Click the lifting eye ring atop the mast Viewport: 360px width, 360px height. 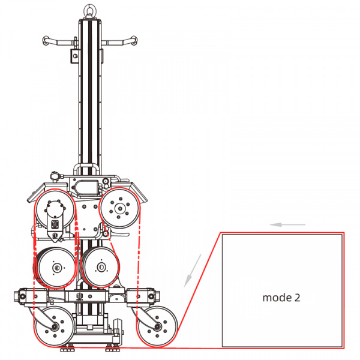90,10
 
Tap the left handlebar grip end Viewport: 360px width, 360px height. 46,41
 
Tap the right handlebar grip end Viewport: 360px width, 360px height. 134,40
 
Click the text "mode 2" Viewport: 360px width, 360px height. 281,298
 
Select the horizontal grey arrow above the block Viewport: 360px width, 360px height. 287,224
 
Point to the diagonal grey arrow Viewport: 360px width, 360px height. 193,271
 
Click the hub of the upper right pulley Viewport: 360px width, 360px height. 119,208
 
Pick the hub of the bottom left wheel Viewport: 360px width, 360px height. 55,327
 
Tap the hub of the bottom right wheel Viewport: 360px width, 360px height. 157,326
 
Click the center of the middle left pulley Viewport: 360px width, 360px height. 56,268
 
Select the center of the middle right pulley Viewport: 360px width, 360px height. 101,267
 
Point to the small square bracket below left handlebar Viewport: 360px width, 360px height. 74,56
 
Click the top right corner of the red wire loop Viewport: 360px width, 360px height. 344,233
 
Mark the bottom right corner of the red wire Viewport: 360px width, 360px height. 344,348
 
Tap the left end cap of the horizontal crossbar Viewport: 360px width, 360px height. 16,296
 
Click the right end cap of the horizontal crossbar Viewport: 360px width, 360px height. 157,296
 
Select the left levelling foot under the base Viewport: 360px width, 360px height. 67,349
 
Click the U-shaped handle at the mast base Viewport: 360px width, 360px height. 86,169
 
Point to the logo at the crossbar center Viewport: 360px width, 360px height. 80,296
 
